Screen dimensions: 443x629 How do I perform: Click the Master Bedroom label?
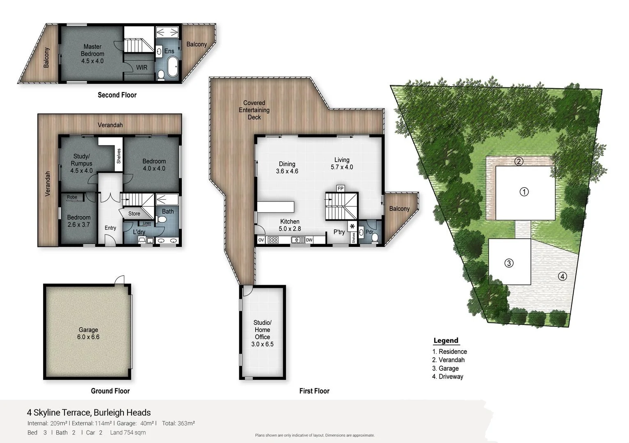[92, 54]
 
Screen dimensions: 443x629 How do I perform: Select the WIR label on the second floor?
[142, 67]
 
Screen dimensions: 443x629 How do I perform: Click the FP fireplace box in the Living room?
[340, 189]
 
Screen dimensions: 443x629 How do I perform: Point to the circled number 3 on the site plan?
[508, 263]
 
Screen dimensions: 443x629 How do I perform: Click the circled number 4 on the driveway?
[562, 276]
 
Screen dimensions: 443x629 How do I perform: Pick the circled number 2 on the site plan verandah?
[519, 161]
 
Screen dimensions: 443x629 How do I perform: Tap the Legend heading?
[446, 340]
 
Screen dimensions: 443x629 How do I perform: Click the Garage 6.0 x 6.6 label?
[88, 333]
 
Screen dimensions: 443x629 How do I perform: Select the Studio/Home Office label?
[262, 333]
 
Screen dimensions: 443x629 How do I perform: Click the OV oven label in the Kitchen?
[261, 240]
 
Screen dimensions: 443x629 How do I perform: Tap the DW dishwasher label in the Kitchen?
[309, 240]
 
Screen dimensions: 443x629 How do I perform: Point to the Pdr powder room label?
[369, 232]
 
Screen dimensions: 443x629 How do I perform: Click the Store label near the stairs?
[134, 214]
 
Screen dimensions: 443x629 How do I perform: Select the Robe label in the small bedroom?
[72, 197]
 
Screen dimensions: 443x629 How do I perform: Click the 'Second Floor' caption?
[117, 95]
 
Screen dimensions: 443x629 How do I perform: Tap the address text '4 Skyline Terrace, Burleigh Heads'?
[89, 413]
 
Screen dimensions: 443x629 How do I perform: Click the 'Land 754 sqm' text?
[128, 432]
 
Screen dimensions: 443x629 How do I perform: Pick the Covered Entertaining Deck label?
[254, 110]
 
